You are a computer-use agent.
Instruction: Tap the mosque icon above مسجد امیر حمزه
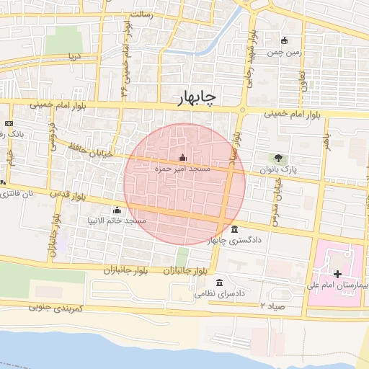click(182, 158)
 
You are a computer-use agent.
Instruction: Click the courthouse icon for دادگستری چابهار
click(235, 230)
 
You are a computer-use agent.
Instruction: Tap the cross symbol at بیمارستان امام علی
click(338, 274)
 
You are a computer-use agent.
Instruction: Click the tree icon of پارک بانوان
click(278, 159)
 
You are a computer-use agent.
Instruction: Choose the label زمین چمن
click(283, 52)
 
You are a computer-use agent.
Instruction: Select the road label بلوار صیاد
click(232, 148)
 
